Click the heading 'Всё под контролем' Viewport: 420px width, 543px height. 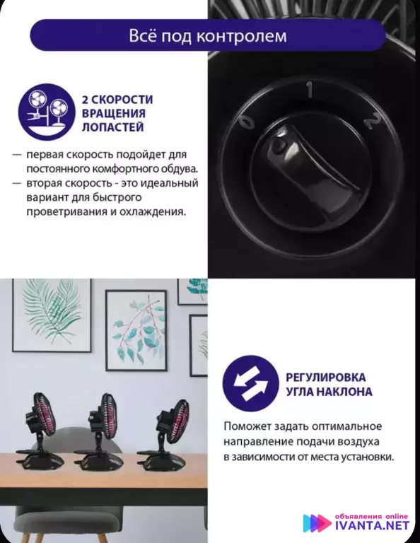208,35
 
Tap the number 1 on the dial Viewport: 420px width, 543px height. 309,89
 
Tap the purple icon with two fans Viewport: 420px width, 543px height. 47,112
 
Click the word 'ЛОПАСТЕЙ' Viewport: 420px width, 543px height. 113,127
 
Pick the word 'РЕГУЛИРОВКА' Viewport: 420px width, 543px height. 326,377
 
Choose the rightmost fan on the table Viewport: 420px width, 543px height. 164,435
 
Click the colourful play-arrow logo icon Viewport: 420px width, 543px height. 317,523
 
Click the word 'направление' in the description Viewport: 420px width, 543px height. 256,442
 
